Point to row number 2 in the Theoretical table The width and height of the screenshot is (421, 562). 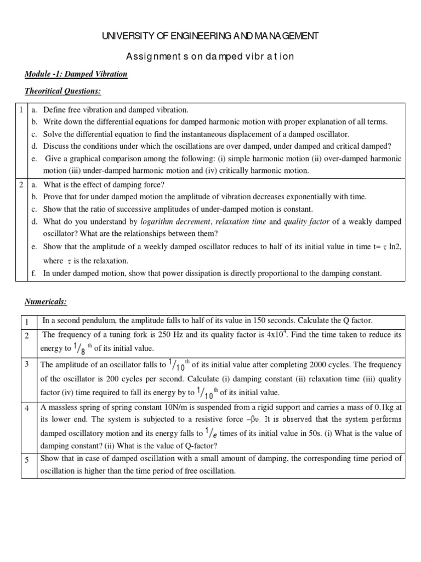pos(20,185)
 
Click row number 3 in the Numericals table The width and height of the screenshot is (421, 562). pos(27,364)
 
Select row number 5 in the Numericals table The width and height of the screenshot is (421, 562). pos(27,459)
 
